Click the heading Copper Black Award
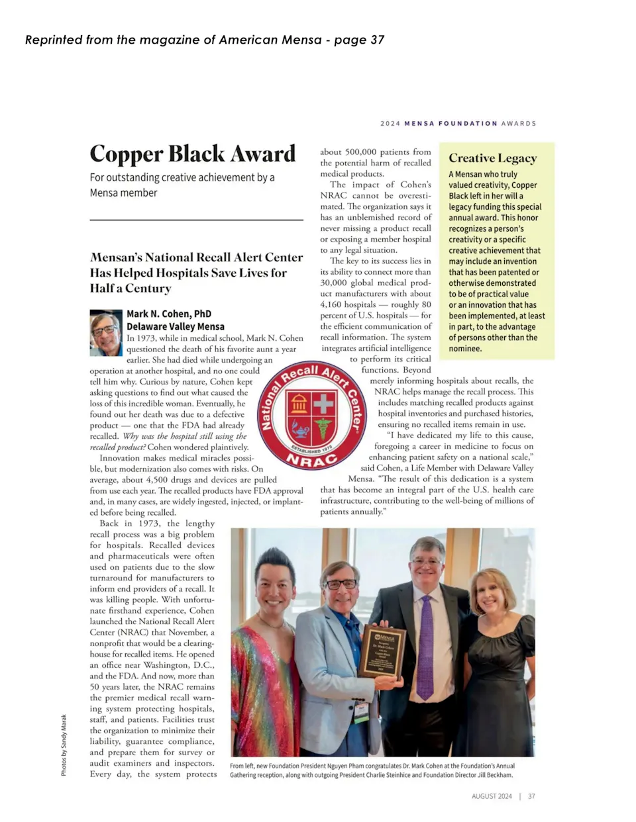[x=192, y=154]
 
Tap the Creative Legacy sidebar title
[x=492, y=158]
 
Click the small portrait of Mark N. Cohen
[x=106, y=332]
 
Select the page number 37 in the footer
[x=531, y=796]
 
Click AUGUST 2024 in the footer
[x=492, y=796]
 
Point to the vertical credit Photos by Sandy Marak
[x=64, y=745]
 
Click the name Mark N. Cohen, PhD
[x=169, y=314]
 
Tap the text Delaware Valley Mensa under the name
[x=176, y=326]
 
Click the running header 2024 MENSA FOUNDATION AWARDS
[x=458, y=123]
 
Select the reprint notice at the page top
[x=205, y=40]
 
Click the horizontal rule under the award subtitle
[x=196, y=220]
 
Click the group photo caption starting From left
[x=371, y=770]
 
